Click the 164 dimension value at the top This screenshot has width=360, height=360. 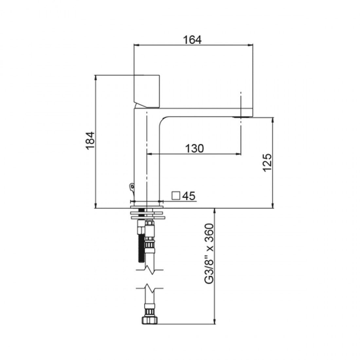(x=192, y=39)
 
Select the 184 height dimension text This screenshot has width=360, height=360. (x=91, y=141)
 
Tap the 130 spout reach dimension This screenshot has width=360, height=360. (x=195, y=148)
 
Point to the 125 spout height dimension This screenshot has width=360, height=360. (x=267, y=162)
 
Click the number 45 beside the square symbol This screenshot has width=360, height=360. (x=189, y=196)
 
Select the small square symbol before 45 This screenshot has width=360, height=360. (x=176, y=196)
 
